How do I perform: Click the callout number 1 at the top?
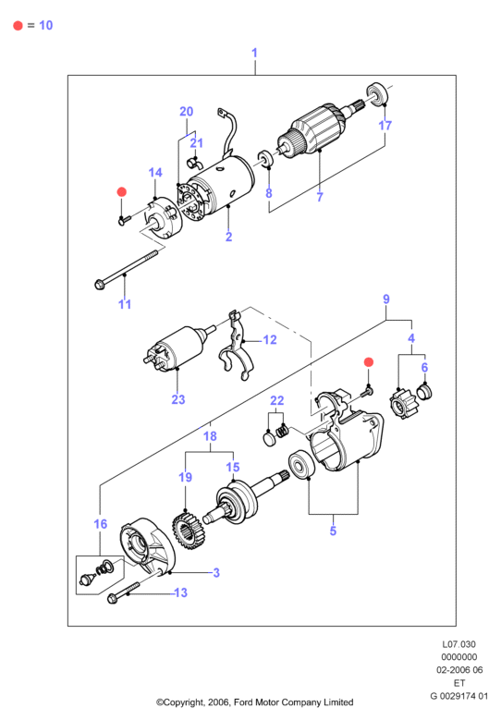254,53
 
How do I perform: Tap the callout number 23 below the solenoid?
178,399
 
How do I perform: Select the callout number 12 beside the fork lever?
270,340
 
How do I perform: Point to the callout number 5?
333,531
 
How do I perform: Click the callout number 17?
385,125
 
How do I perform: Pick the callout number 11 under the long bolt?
125,304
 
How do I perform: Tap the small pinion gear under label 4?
402,404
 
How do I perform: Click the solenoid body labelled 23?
177,347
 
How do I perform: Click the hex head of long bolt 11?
99,285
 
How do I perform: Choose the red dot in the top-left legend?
18,26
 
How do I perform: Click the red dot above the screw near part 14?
122,191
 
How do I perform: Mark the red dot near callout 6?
368,362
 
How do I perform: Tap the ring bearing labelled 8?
265,158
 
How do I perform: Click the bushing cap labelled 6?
424,393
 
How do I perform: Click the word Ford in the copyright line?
244,702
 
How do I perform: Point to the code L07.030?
458,644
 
